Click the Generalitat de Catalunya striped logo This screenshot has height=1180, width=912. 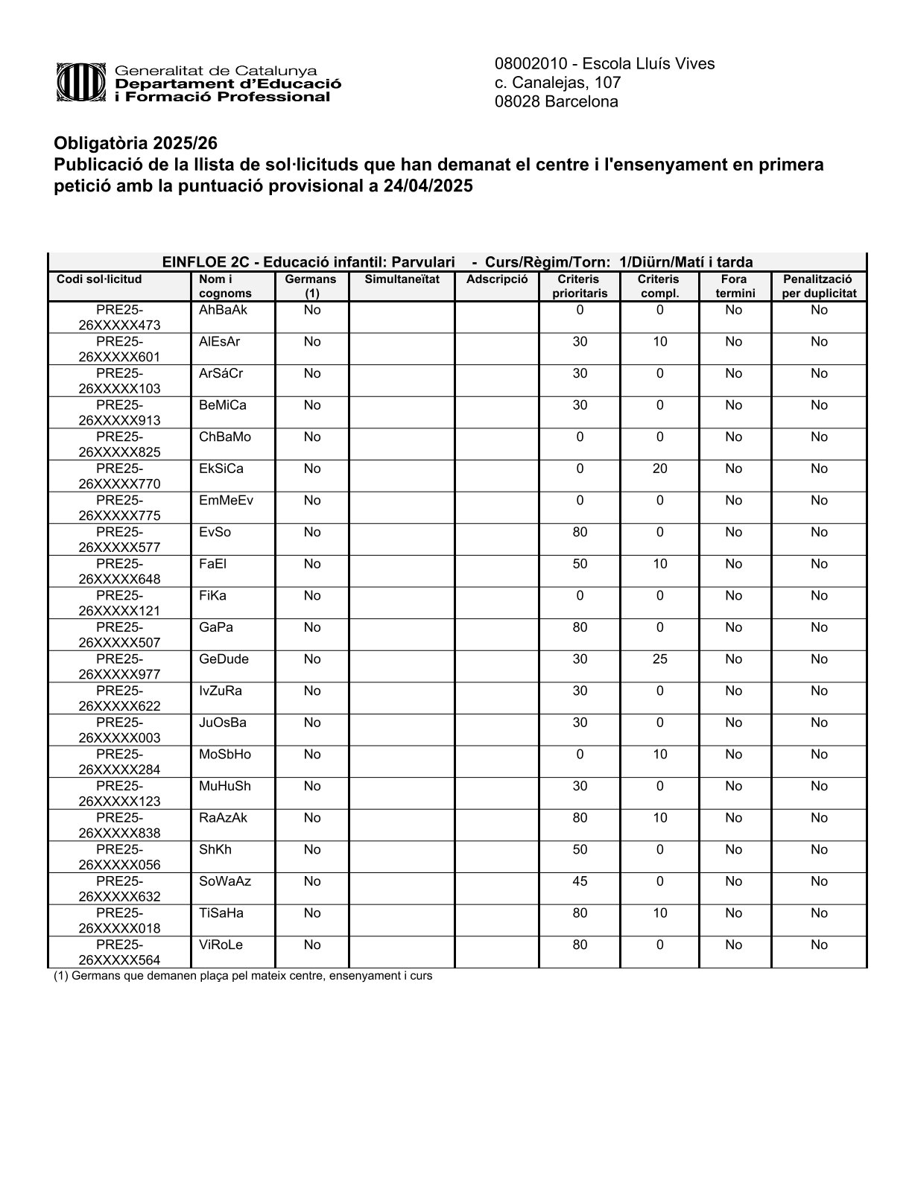pos(81,82)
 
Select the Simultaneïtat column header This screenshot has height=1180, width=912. pos(402,279)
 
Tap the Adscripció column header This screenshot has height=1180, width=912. pos(497,279)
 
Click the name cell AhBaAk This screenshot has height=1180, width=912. pos(223,310)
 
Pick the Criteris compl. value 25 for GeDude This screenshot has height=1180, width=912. pos(659,659)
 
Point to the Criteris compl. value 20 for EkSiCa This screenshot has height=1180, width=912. pos(659,469)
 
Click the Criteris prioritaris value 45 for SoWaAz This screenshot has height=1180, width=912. pos(580,881)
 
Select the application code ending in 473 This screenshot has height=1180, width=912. pos(119,317)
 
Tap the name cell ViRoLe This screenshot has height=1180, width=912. pos(221,945)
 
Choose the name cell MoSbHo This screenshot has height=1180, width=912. pos(225,754)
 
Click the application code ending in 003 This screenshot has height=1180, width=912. pos(119,730)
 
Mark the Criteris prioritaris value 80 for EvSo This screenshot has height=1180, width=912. pos(580,532)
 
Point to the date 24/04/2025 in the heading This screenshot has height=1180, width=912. pos(428,185)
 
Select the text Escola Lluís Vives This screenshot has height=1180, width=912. pos(648,64)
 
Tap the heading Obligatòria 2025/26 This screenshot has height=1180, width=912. pos(136,143)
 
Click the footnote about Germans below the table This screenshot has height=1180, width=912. pos(243,976)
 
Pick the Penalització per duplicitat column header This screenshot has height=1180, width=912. pos(819,286)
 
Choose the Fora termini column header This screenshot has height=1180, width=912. pos(735,286)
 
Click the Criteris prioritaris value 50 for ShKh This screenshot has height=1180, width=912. pos(580,849)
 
